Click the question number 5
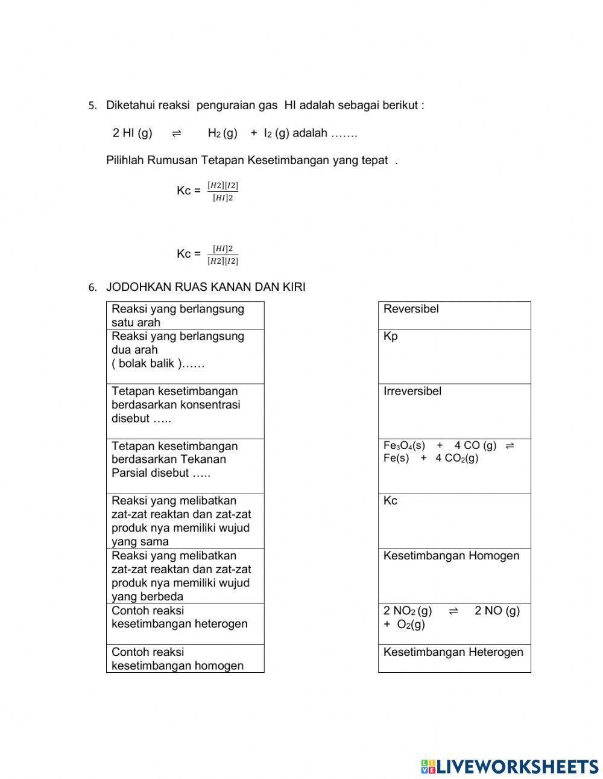pyautogui.click(x=92, y=106)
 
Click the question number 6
pyautogui.click(x=92, y=288)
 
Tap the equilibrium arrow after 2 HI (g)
pyautogui.click(x=177, y=133)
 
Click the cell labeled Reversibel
pyautogui.click(x=454, y=315)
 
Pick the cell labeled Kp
pyautogui.click(x=454, y=356)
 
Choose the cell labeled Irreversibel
pyautogui.click(x=454, y=411)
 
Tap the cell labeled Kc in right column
pyautogui.click(x=454, y=521)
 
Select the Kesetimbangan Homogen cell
pyautogui.click(x=454, y=576)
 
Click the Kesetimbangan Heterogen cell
pyautogui.click(x=454, y=658)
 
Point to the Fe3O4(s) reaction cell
pyautogui.click(x=454, y=466)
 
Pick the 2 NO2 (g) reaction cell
pyautogui.click(x=454, y=624)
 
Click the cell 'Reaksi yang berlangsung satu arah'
pyautogui.click(x=185, y=315)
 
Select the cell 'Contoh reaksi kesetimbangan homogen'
pyautogui.click(x=185, y=658)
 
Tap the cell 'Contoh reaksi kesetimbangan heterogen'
pyautogui.click(x=185, y=624)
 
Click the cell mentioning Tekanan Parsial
pyautogui.click(x=185, y=466)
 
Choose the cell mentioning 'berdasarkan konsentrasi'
pyautogui.click(x=185, y=411)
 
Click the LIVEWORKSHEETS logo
pyautogui.click(x=510, y=766)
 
